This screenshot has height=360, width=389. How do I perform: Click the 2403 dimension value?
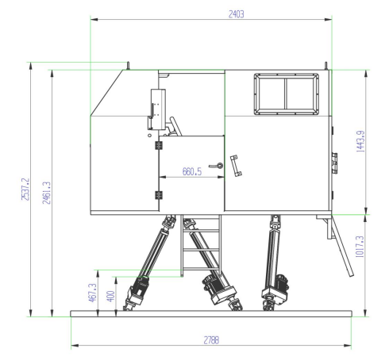click(x=236, y=14)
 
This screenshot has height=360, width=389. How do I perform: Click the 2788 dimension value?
click(x=211, y=340)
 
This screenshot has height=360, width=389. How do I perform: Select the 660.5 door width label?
click(x=192, y=171)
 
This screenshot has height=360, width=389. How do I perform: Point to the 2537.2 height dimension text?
click(x=25, y=189)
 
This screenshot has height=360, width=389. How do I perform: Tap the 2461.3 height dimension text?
click(x=46, y=193)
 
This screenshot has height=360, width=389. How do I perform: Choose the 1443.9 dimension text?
click(x=360, y=141)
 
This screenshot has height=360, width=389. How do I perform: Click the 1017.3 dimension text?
click(x=360, y=247)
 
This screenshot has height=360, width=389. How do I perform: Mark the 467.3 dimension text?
click(x=92, y=293)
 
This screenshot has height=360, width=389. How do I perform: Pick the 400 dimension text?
click(x=110, y=296)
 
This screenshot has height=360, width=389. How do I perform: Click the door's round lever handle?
click(x=217, y=166)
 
